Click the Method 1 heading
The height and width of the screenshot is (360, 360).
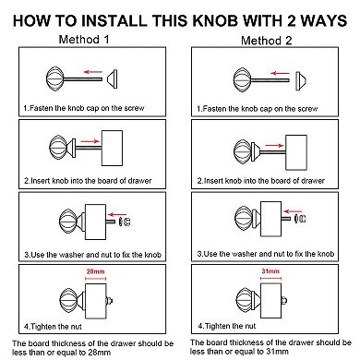pos(84,40)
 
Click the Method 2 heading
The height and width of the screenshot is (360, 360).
pos(266,41)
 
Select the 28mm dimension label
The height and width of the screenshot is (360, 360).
pos(95,271)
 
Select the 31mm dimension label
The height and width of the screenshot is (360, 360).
pos(270,271)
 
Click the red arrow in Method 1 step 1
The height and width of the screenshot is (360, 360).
pos(93,72)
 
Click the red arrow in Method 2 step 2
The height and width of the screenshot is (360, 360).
pos(274,146)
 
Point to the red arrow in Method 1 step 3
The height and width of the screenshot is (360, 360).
pos(117,214)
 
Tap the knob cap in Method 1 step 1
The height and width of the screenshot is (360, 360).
pos(112,78)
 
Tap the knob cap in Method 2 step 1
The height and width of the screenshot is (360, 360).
pos(301,81)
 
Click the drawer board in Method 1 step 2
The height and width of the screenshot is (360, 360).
pos(112,148)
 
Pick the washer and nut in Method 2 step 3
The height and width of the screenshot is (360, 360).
pos(299,219)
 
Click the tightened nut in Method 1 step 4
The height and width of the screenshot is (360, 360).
pos(109,301)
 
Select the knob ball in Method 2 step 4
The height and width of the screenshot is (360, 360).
pos(245,301)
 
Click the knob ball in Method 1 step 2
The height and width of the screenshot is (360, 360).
pos(58,148)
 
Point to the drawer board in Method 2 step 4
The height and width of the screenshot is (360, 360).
pos(270,301)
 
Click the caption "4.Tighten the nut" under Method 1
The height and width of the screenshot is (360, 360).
pos(53,327)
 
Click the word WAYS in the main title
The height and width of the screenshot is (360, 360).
pos(324,20)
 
